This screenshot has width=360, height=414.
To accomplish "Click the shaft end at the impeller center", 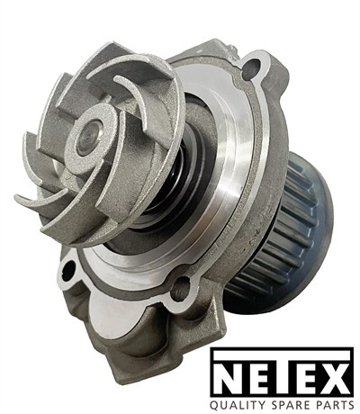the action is click(x=87, y=138).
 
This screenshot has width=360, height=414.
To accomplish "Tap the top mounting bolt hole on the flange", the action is click(x=251, y=68).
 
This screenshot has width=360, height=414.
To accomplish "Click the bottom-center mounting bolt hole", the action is click(x=180, y=287).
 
